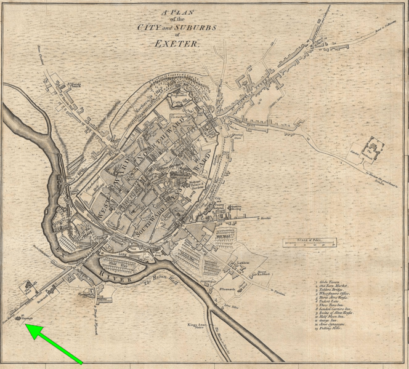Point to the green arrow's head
point(28,328)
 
